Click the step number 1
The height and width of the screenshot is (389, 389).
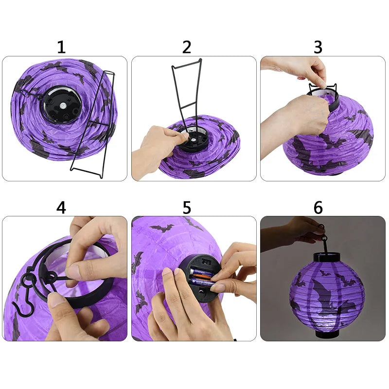pos(61,47)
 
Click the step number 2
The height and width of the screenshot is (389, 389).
pos(187,47)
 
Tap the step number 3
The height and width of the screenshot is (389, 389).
pos(318,47)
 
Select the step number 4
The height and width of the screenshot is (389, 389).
pos(61,208)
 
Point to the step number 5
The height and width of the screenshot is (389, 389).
pos(187,208)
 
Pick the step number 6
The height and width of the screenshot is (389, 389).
pos(318,208)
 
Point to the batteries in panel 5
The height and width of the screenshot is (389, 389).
pos(201,277)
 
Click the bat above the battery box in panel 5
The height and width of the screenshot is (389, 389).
pos(162,227)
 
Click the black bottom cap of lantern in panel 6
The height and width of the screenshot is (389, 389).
pos(324,334)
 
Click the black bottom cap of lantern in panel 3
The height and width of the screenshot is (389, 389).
pos(336,173)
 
